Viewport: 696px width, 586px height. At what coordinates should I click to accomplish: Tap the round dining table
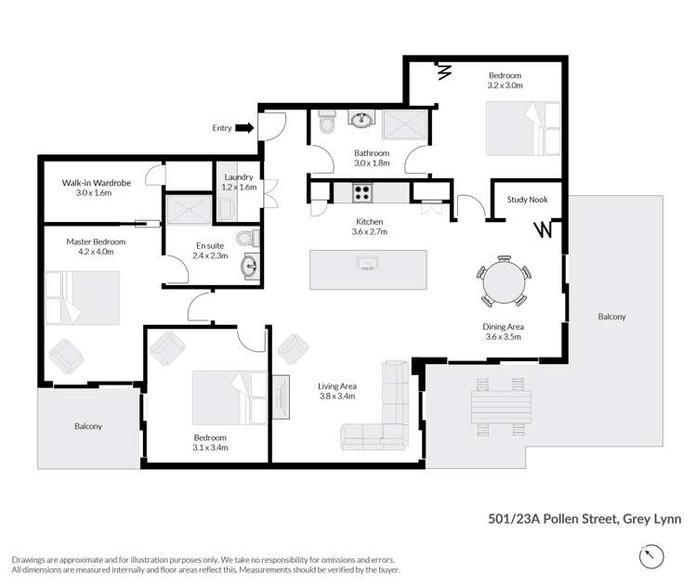tap(504, 281)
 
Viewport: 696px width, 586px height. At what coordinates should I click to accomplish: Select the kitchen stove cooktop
tap(362, 193)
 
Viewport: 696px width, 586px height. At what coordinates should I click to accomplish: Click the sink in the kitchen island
tap(367, 264)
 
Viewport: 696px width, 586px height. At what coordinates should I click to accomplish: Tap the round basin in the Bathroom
tap(361, 120)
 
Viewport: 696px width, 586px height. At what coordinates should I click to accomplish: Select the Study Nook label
tap(527, 199)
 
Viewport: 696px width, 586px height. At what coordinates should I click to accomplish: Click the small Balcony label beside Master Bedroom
tap(88, 426)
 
